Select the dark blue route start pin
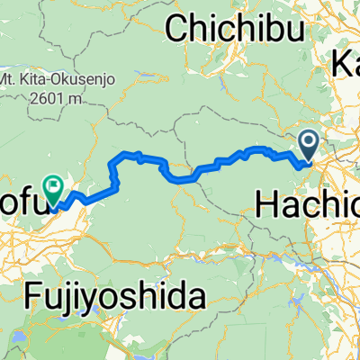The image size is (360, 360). (x=308, y=145)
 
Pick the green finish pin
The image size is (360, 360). (x=55, y=188)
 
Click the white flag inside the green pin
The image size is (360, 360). (x=55, y=186)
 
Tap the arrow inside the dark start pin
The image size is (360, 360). (x=308, y=141)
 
